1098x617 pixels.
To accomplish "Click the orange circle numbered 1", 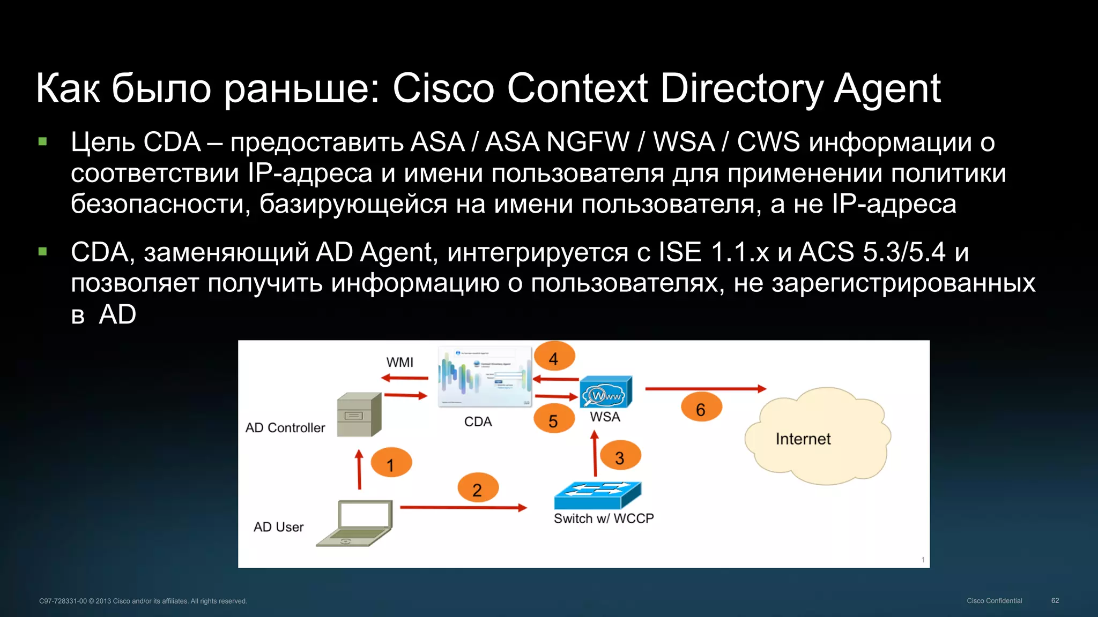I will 391,463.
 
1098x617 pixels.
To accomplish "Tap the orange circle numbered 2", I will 478,488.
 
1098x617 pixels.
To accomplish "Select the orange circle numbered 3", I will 620,456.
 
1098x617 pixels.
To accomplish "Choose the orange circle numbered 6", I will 701,408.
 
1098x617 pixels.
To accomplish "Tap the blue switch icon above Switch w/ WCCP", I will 597,495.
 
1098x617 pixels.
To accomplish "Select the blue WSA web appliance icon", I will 606,393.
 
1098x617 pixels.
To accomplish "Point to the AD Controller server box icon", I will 359,415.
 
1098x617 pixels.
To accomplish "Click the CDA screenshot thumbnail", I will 485,377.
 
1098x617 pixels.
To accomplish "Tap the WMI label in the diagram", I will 399,362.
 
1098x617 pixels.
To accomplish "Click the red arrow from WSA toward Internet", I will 705,389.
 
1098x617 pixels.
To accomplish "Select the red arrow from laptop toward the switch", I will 463,507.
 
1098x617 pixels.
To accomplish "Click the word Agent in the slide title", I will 887,89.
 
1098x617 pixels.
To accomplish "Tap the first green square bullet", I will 43,142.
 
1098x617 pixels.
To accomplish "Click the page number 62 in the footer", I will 1055,600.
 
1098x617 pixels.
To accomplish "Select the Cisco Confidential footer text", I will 994,600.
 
